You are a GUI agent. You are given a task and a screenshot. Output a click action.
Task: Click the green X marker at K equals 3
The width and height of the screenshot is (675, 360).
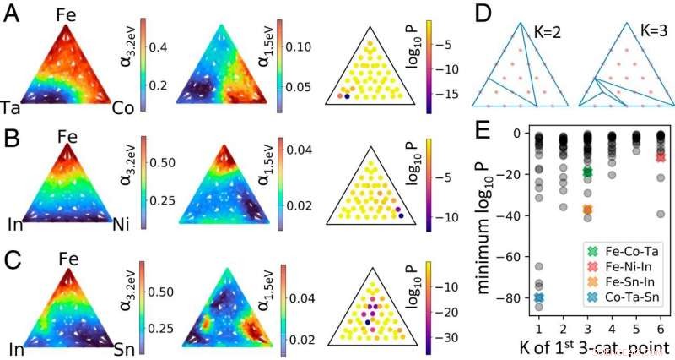587,172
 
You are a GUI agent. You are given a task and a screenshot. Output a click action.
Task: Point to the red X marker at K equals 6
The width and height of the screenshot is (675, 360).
661,157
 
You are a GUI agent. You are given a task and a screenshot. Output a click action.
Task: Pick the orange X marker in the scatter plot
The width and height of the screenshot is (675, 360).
587,210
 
